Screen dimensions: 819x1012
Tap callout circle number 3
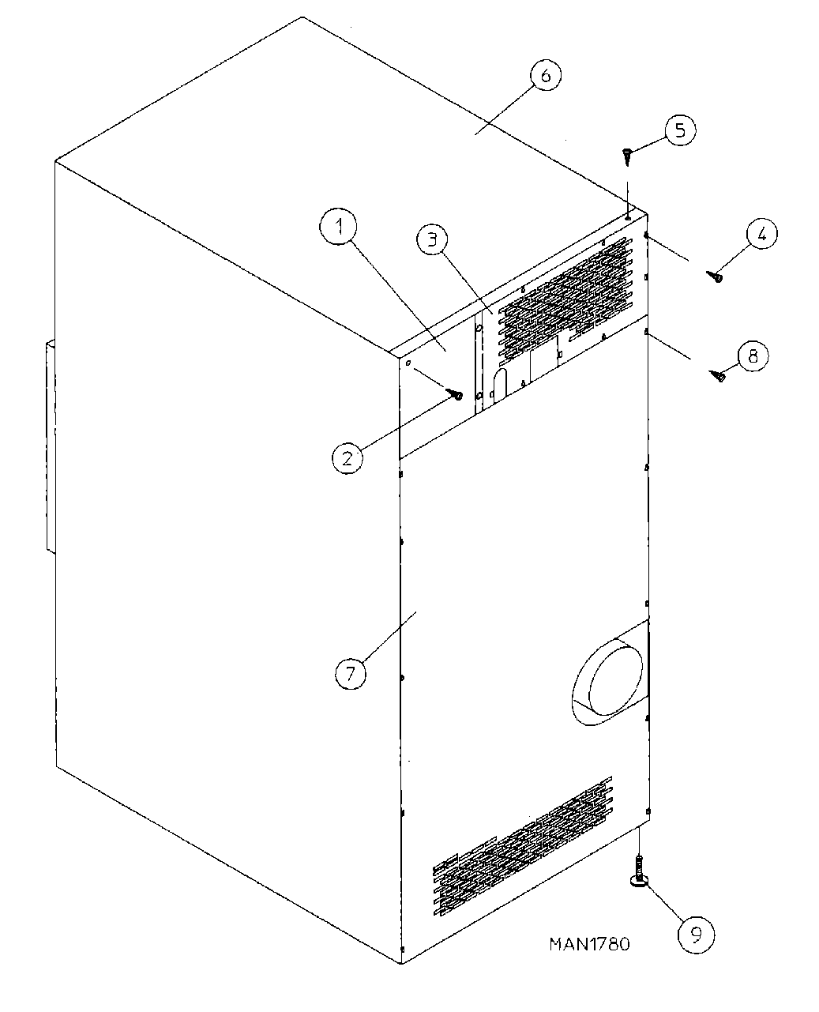(432, 239)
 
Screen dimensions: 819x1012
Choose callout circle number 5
(680, 130)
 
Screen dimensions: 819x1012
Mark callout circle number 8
(752, 356)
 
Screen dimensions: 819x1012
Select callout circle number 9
(696, 935)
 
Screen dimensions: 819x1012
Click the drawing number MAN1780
(589, 943)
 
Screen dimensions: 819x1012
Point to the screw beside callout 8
(719, 376)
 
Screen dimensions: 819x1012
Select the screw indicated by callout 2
(456, 393)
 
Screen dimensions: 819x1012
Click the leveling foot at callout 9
(638, 874)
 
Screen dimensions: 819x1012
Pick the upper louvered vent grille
(565, 295)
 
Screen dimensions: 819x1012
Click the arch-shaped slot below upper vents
(498, 387)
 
